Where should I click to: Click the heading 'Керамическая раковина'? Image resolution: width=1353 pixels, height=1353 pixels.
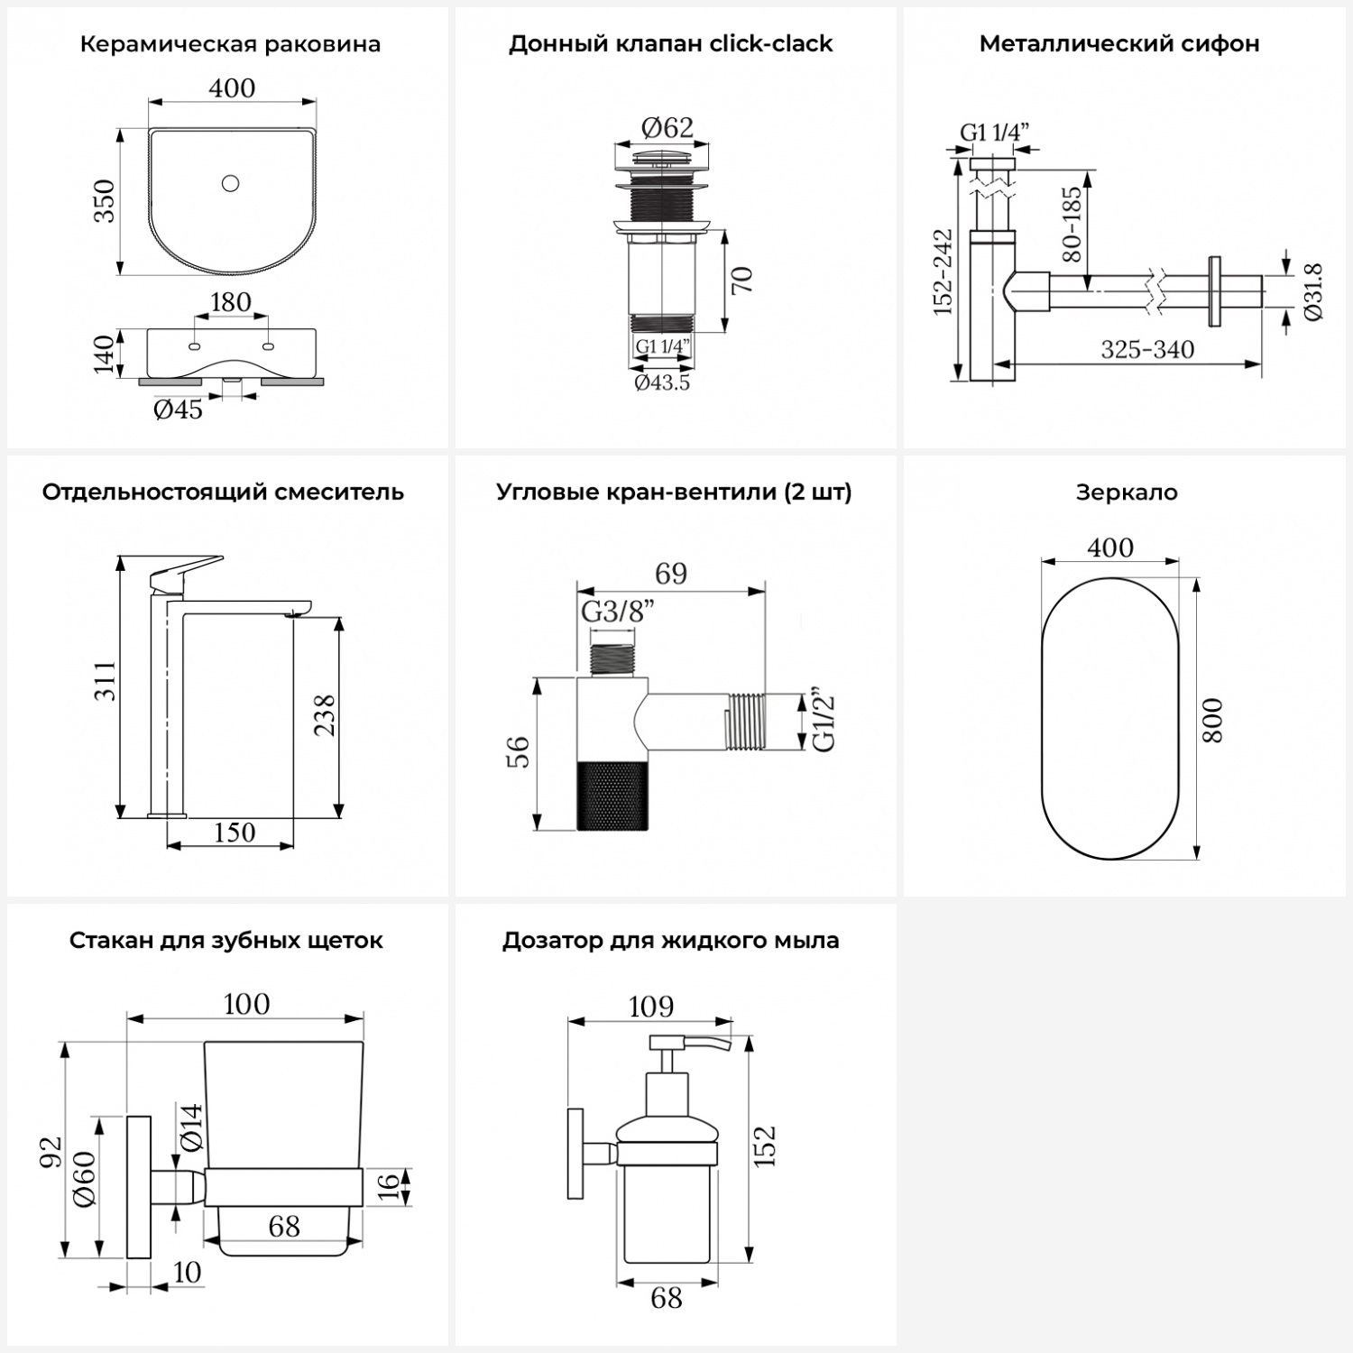[230, 44]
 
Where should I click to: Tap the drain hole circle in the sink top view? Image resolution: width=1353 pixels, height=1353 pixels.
[230, 184]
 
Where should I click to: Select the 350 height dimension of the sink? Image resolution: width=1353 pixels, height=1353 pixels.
[105, 201]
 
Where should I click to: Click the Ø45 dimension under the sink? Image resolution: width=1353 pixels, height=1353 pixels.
[178, 410]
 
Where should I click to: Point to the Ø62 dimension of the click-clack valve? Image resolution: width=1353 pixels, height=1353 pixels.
[667, 128]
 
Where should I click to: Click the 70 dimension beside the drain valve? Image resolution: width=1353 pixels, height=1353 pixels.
[741, 281]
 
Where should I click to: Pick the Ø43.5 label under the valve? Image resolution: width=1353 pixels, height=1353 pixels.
[662, 382]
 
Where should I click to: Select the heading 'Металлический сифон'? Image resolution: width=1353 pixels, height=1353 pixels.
[1119, 44]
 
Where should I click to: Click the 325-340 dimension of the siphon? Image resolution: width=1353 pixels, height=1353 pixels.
[1147, 349]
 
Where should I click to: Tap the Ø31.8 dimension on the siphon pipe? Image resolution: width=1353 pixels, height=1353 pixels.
[1312, 291]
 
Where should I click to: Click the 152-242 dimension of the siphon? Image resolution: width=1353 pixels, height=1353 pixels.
[943, 272]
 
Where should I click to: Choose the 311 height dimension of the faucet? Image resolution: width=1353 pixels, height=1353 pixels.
[106, 681]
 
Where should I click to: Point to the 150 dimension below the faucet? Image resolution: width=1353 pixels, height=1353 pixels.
[234, 833]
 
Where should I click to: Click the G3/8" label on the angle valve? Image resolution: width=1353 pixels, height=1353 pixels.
[617, 612]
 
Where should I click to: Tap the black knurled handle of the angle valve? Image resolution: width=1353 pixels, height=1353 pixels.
[612, 795]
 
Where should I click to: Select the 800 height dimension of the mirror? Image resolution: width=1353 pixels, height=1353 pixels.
[1214, 720]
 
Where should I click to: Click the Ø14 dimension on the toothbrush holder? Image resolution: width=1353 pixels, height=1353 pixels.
[191, 1127]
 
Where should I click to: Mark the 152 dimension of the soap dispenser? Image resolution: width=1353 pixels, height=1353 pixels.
[764, 1146]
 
